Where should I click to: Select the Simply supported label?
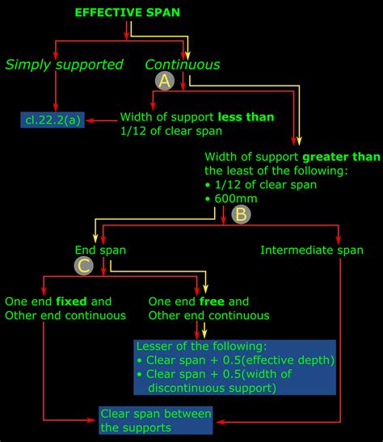click(x=65, y=64)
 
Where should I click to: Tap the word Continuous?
click(x=182, y=64)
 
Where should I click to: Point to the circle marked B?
click(x=240, y=215)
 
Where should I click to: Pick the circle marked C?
click(x=83, y=264)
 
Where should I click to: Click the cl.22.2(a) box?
click(x=53, y=121)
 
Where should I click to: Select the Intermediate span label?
click(x=312, y=250)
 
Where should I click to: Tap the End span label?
click(x=100, y=250)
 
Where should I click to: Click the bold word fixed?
click(x=72, y=301)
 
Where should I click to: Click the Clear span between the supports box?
click(x=156, y=420)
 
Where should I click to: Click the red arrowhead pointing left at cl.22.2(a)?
click(x=90, y=121)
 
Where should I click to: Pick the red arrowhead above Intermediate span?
click(x=339, y=238)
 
